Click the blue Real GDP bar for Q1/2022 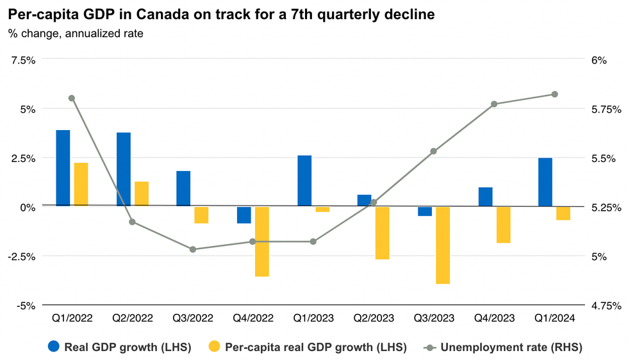[63, 168]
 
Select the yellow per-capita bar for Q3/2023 [443, 245]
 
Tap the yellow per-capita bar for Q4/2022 [262, 241]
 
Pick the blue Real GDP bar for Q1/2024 [545, 182]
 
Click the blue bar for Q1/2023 [304, 181]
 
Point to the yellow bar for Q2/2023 [383, 233]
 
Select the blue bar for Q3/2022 [183, 188]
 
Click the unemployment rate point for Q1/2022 [72, 98]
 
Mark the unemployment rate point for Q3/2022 [192, 249]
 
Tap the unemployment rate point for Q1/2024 [555, 94]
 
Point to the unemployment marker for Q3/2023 [434, 151]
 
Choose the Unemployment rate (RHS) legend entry [503, 347]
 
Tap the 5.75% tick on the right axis [606, 110]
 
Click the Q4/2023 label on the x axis [494, 318]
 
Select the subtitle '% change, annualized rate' [76, 33]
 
